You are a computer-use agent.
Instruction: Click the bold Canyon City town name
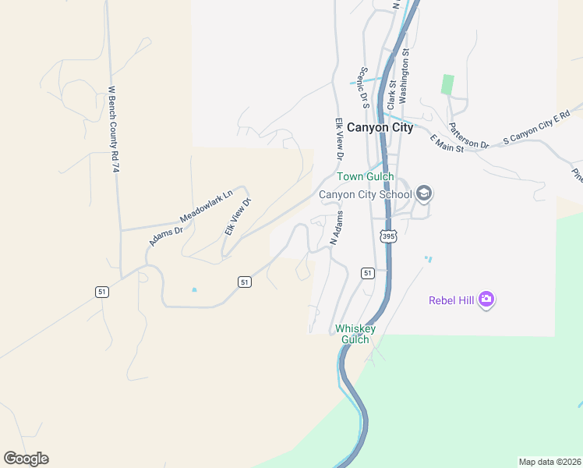(380, 128)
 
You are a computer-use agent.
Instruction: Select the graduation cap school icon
(424, 193)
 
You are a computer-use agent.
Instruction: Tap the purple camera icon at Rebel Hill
(487, 299)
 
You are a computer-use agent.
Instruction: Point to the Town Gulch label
(365, 177)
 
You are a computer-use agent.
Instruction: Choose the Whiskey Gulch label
(355, 334)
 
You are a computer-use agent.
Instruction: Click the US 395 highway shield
(387, 235)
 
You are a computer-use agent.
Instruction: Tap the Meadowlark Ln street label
(207, 205)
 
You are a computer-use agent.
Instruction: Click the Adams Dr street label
(165, 235)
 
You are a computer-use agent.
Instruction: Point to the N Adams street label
(337, 229)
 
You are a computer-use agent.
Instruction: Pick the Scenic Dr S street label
(362, 86)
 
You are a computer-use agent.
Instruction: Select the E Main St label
(446, 143)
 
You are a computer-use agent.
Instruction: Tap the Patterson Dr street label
(468, 135)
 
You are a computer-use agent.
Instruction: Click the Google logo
(26, 459)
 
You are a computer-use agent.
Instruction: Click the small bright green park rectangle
(447, 85)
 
